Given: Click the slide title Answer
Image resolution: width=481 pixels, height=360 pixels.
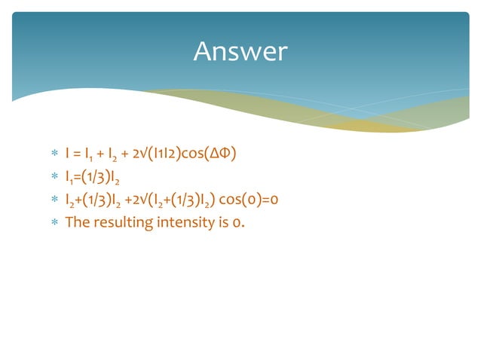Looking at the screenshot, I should (x=240, y=51).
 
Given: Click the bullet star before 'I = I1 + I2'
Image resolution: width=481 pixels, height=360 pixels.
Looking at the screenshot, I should (x=54, y=155).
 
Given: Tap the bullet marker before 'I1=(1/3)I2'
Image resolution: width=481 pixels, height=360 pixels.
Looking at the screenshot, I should (x=54, y=178).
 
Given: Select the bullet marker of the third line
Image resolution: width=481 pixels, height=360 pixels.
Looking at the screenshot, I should (x=54, y=200).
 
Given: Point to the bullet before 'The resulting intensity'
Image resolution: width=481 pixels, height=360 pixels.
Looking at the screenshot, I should (x=54, y=223).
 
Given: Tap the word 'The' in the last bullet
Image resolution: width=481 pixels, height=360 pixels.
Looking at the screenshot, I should (x=77, y=222).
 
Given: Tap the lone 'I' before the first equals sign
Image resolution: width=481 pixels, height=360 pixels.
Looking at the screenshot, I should (x=68, y=154).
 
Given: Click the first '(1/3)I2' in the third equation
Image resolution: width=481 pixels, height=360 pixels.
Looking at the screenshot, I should (x=104, y=200).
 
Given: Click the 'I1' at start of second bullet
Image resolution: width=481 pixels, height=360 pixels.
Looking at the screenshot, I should (x=69, y=178).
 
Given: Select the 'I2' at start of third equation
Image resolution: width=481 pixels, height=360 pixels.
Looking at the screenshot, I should (x=70, y=200).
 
